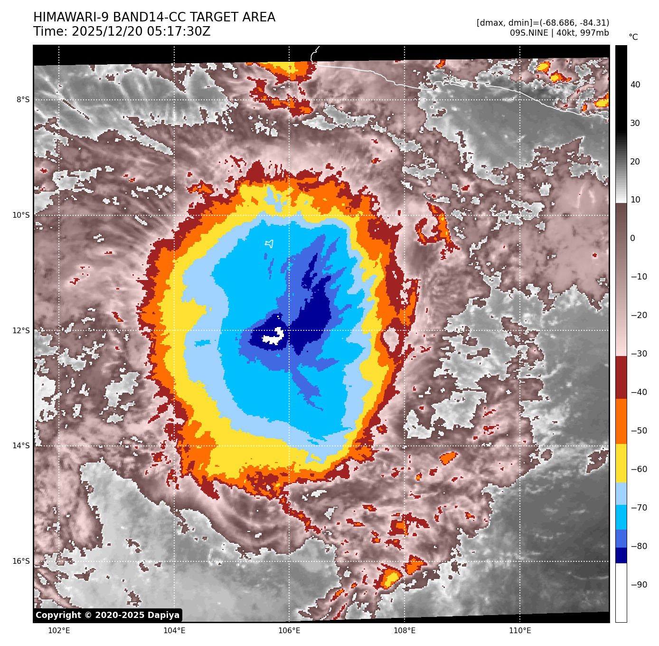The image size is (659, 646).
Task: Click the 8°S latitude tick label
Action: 23,100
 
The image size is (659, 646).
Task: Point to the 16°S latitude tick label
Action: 21,561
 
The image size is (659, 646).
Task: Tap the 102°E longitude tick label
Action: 59,631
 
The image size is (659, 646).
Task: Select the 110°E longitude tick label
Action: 520,631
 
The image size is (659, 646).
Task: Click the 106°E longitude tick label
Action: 289,631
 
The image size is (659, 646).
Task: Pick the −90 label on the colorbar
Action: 639,585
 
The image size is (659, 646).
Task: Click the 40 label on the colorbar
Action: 635,85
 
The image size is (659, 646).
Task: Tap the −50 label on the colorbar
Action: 639,431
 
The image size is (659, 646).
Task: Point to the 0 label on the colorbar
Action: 632,238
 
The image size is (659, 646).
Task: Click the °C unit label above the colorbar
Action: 633,37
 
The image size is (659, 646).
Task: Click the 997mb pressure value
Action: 594,33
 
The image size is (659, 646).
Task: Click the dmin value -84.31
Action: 593,23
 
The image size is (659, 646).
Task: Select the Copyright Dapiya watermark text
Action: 108,615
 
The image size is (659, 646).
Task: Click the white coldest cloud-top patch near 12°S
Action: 274,336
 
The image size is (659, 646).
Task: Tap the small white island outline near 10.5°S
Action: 270,244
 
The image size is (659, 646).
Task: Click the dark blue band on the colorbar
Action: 621,555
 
